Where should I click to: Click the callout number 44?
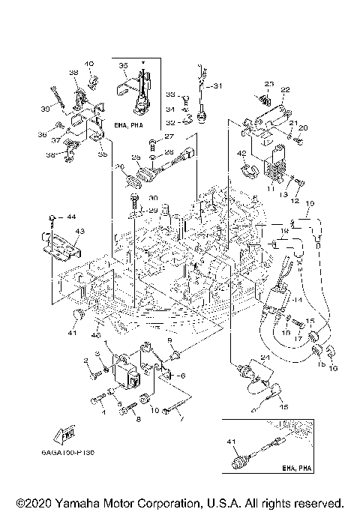point(72,217)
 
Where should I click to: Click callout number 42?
point(241,154)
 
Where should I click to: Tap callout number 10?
point(154,410)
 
